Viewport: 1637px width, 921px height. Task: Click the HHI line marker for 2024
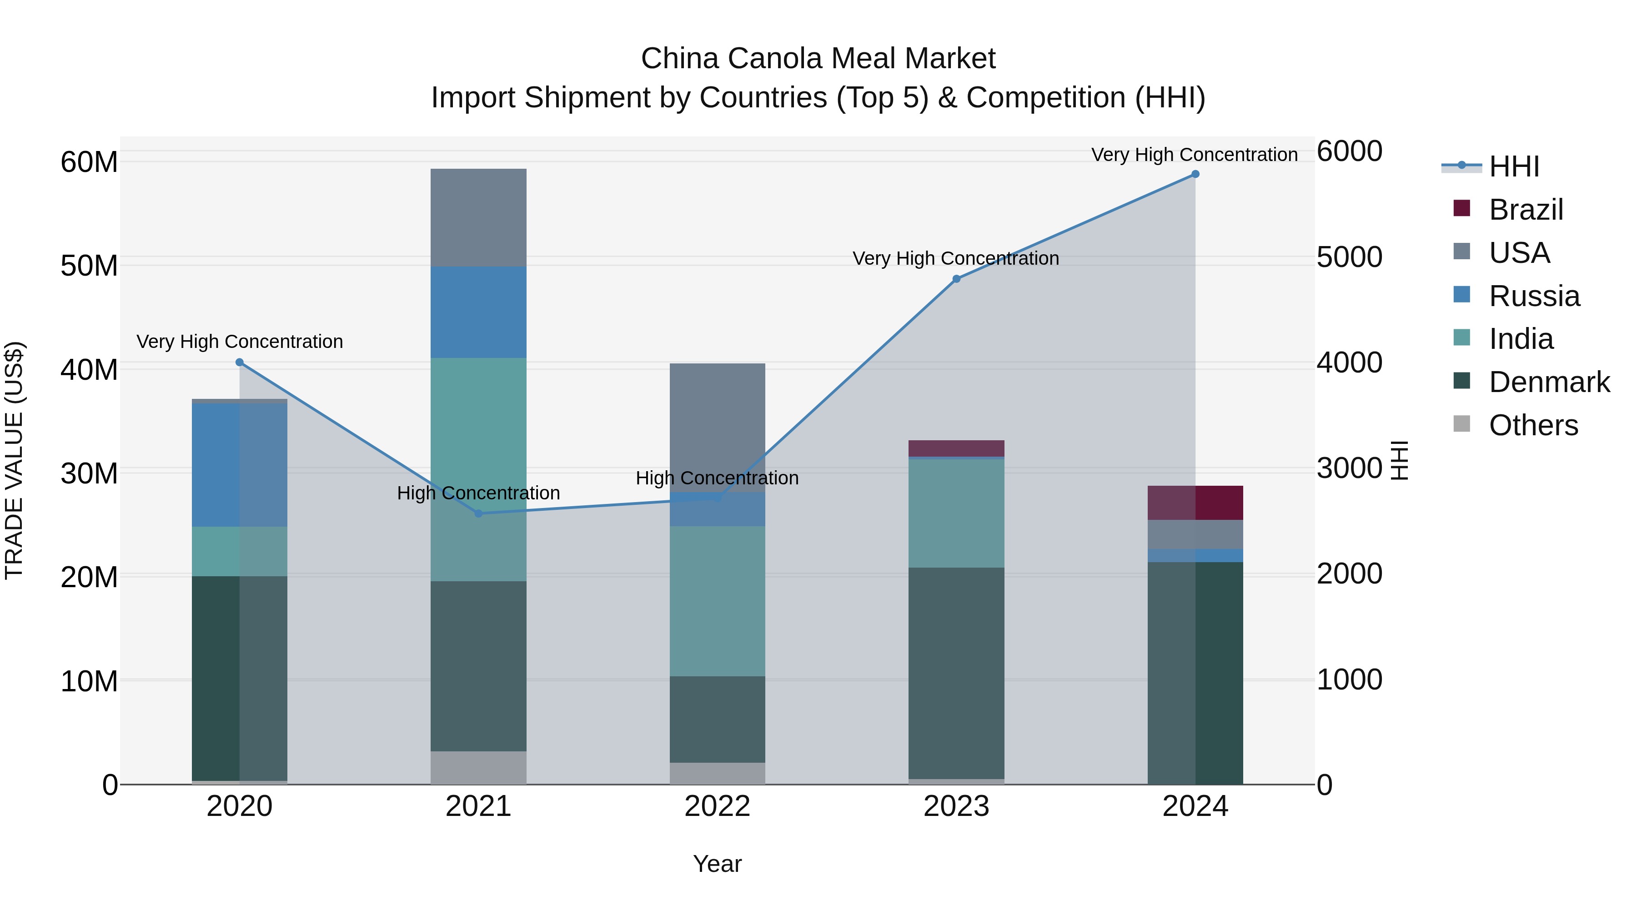[x=1195, y=174]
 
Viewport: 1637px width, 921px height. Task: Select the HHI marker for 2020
[x=240, y=362]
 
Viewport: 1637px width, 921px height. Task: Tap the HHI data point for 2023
[x=956, y=279]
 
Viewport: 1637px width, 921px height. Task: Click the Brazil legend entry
[x=1525, y=210]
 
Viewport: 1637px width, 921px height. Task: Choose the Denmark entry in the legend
[x=1549, y=382]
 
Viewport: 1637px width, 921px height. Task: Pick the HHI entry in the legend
[x=1514, y=166]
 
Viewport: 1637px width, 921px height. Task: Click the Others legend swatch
[x=1461, y=424]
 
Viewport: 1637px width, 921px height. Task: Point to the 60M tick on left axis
[x=89, y=162]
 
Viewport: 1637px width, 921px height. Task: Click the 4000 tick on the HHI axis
[x=1349, y=363]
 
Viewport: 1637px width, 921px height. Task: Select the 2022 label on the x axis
[x=718, y=806]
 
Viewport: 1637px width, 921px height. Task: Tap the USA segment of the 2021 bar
[x=478, y=217]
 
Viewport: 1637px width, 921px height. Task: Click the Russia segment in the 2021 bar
[x=478, y=312]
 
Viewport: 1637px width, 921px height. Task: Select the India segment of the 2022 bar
[x=718, y=601]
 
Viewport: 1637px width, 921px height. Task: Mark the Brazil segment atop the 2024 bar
[x=1195, y=503]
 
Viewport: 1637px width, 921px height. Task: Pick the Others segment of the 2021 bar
[x=478, y=767]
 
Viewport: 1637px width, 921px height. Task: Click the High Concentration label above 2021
[x=478, y=493]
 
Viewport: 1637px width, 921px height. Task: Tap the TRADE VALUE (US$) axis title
[x=14, y=460]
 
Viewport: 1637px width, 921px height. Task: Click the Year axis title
[x=718, y=864]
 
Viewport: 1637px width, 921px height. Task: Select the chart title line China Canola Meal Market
[x=818, y=59]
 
